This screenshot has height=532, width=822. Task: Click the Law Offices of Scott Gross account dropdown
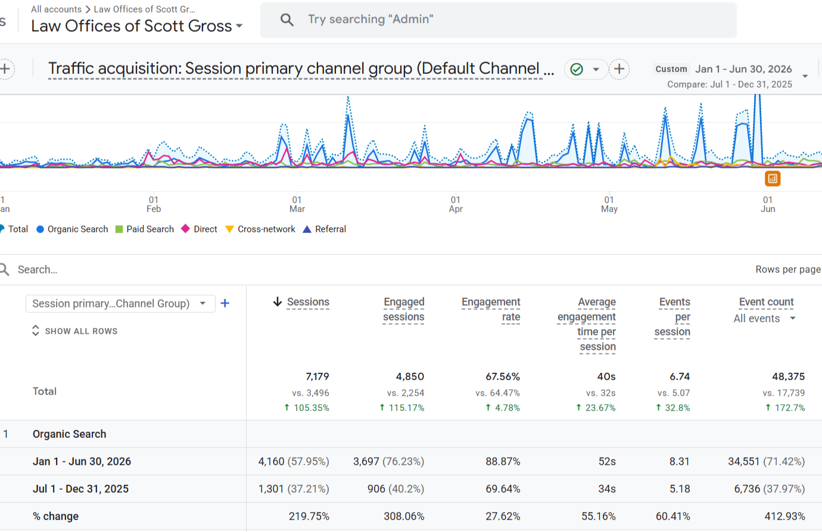(136, 26)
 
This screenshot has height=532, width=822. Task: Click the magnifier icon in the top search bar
(287, 20)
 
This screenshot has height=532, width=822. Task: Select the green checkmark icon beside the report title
(577, 69)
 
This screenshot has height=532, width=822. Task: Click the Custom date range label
(671, 69)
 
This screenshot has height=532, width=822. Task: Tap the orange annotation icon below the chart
(773, 179)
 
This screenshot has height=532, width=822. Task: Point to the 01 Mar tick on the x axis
(297, 204)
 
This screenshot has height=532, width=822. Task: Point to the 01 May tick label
(609, 204)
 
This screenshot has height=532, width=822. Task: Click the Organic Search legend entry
(72, 229)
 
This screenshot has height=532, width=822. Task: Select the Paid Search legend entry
(144, 229)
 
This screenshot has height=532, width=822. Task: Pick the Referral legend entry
(325, 229)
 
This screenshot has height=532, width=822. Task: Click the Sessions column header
(308, 302)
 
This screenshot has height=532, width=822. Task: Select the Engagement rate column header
(491, 309)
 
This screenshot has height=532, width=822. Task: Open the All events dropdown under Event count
(764, 319)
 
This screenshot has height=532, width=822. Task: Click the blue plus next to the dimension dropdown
(225, 303)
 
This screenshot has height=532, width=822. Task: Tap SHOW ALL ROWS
(74, 331)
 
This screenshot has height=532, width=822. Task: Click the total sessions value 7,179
(317, 377)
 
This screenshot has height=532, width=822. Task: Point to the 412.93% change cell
(784, 517)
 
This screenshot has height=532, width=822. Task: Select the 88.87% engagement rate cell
(503, 461)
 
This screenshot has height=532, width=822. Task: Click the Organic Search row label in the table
(69, 434)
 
